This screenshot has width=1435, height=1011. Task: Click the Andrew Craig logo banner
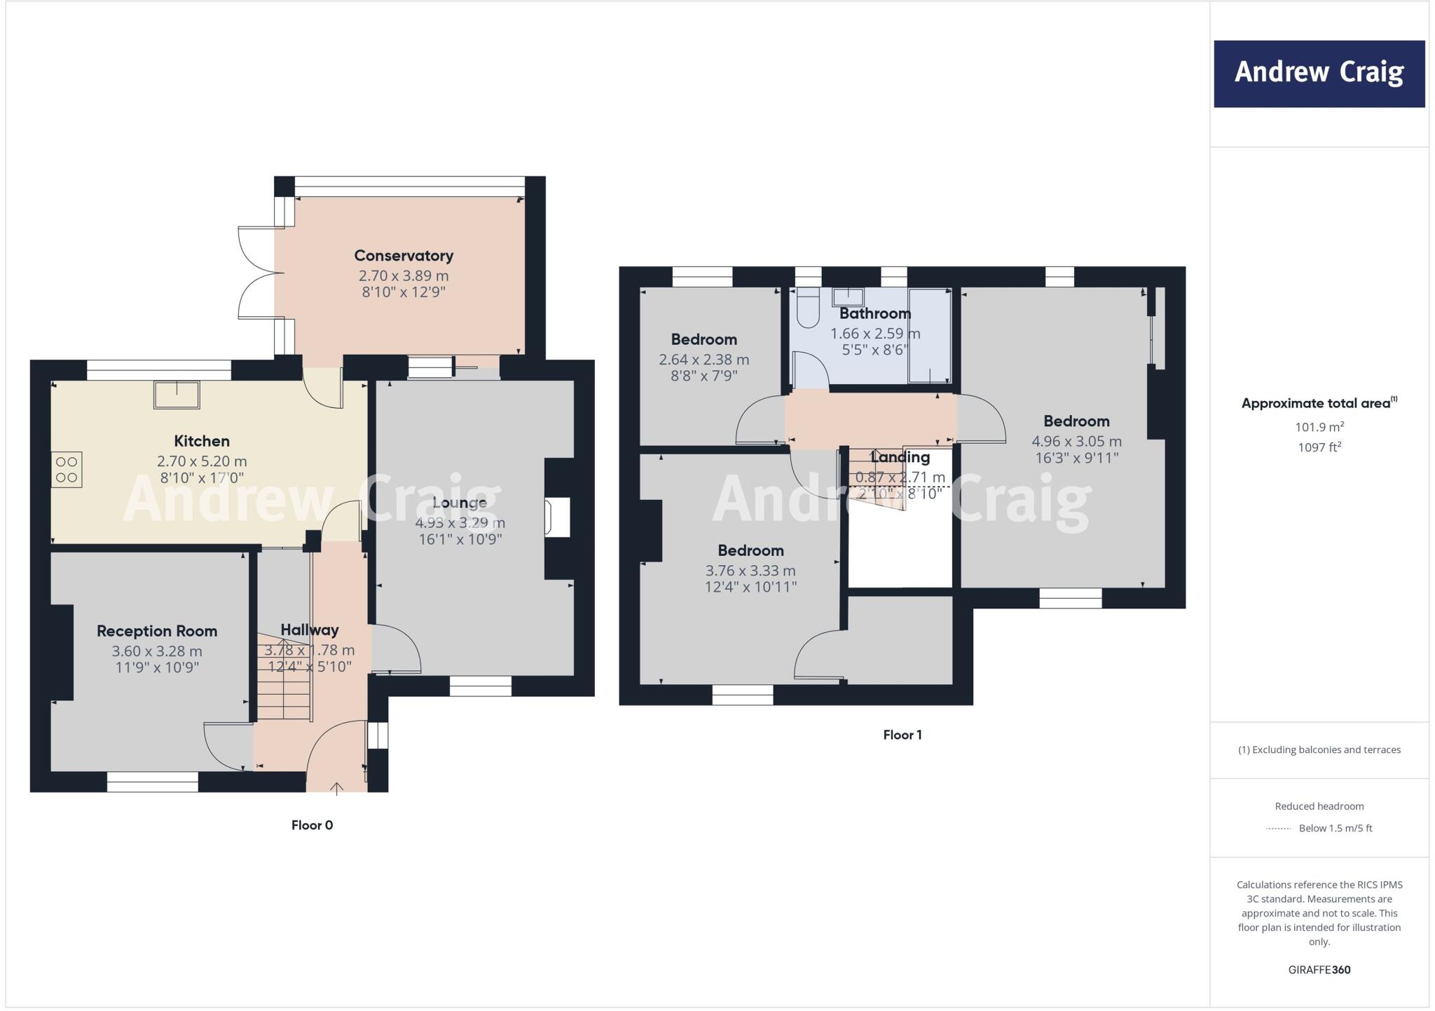pos(1319,74)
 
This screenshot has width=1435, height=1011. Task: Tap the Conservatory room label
pos(404,256)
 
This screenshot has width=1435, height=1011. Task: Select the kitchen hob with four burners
pos(67,469)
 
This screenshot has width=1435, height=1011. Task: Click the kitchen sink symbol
pos(177,394)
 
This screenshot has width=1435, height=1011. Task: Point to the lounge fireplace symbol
pos(558,517)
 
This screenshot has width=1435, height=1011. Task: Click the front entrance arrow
pos(336,789)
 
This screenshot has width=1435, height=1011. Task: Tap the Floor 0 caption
pos(312,825)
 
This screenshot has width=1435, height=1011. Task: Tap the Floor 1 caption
pos(902,735)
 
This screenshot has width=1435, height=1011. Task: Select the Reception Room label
pos(157,631)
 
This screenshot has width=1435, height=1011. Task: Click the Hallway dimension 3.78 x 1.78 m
pos(309,650)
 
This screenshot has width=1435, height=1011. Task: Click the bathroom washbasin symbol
pos(848,297)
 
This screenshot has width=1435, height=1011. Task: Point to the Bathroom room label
pos(875,313)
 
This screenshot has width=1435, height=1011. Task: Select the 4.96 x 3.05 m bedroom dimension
pos(1076,442)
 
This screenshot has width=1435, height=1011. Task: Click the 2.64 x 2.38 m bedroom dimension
pos(703,360)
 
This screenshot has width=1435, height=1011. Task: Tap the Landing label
pos(900,457)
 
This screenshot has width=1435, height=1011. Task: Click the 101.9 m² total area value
pos(1319,427)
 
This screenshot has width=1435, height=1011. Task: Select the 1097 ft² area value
pos(1319,447)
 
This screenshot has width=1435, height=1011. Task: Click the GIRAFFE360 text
pos(1319,970)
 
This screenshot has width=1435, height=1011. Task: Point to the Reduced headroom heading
pos(1319,806)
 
